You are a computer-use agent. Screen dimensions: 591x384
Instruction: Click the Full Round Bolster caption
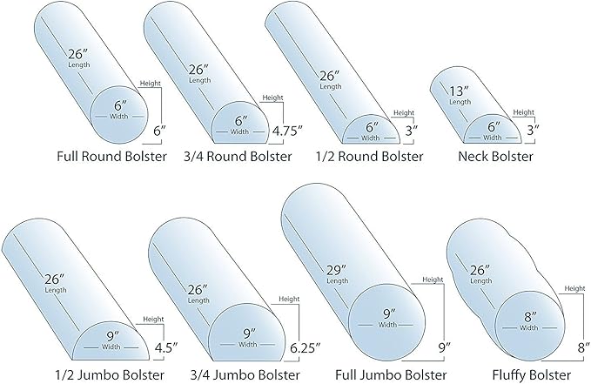[x=111, y=156]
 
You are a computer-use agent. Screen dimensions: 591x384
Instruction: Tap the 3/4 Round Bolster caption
[x=238, y=156]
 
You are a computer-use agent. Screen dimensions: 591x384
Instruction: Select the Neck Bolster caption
[x=495, y=156]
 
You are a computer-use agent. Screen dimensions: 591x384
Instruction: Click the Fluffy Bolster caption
[x=532, y=375]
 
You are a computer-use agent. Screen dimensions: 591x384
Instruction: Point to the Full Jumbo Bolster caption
[x=391, y=375]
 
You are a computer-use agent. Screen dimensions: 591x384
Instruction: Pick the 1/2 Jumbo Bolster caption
[x=110, y=375]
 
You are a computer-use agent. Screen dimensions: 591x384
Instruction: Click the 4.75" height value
[x=287, y=131]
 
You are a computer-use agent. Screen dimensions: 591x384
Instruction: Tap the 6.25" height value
[x=306, y=347]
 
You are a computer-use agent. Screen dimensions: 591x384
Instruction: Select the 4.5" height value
[x=166, y=347]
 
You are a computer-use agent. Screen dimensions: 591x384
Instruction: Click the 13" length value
[x=459, y=91]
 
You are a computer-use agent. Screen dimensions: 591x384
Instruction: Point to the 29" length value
[x=336, y=270]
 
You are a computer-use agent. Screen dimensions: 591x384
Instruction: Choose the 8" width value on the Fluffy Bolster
[x=530, y=317]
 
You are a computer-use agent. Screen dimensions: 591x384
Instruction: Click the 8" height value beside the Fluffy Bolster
[x=583, y=347]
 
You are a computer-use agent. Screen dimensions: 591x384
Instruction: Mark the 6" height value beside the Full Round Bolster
[x=159, y=131]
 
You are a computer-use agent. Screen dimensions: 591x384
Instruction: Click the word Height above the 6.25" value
[x=289, y=299]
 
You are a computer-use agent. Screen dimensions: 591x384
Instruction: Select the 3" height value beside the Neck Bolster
[x=533, y=130]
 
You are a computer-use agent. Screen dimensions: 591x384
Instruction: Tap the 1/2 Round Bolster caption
[x=369, y=156]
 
